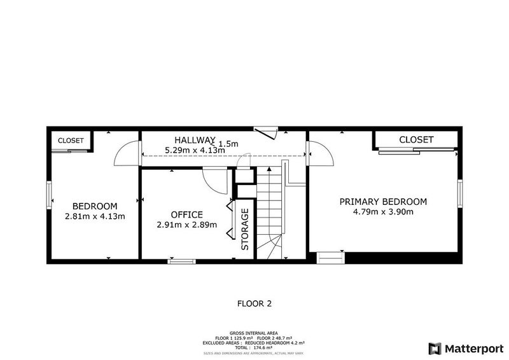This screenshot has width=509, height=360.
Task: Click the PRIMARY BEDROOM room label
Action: coord(382,201)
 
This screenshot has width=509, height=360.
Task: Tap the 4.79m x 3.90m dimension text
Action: coord(382,212)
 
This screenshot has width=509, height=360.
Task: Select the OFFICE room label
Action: coord(186,214)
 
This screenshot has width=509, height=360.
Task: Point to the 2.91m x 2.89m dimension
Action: coord(186,225)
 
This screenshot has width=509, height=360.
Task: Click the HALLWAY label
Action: coord(195,140)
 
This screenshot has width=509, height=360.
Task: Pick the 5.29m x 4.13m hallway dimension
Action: coord(195,150)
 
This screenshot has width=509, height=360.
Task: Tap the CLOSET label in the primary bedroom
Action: coord(416,139)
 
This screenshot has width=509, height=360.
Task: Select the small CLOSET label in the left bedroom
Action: coord(70,141)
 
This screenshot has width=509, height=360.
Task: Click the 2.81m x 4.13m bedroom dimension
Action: coord(95,216)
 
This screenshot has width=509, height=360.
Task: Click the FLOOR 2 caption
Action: coord(254,303)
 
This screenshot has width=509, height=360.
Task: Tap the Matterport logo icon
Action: coord(435,348)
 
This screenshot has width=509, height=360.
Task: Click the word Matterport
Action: coord(473,348)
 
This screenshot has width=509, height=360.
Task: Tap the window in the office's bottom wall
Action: coord(181,261)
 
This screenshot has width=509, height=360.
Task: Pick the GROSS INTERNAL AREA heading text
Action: coord(254,332)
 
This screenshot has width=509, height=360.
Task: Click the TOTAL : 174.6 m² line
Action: coord(254,347)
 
